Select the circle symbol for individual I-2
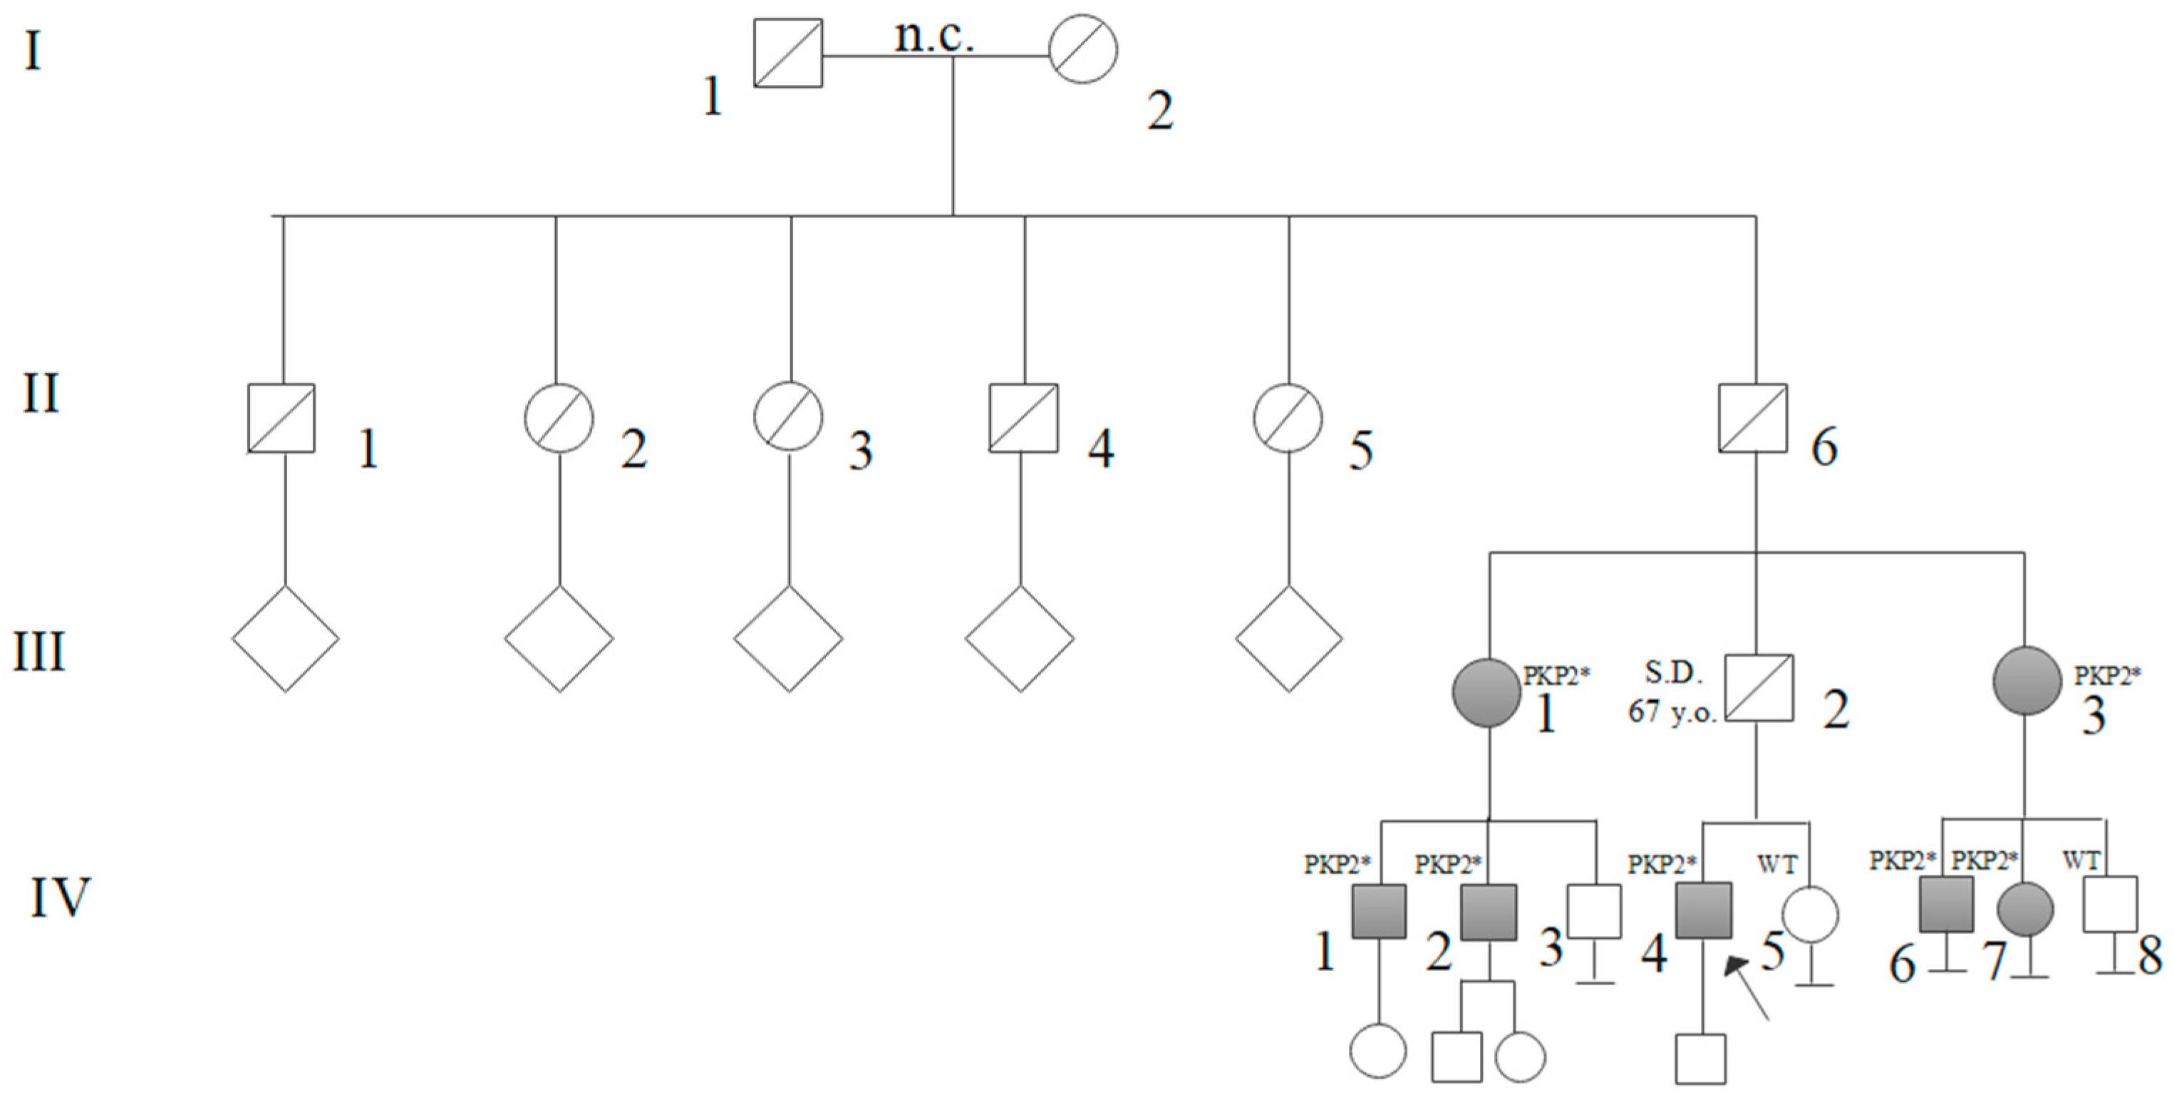click(x=1083, y=49)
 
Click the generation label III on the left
click(x=38, y=652)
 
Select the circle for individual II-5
click(x=1287, y=418)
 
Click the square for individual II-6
click(x=1753, y=418)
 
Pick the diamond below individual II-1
click(x=285, y=639)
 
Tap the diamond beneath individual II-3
click(x=788, y=639)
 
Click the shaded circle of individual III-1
click(x=1486, y=692)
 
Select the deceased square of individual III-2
click(x=1759, y=688)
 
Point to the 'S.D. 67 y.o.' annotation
click(x=1672, y=692)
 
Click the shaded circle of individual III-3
click(x=2027, y=680)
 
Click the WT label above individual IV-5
click(x=1776, y=865)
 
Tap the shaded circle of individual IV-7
click(x=2024, y=910)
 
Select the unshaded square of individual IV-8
click(x=2109, y=904)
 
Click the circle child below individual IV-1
click(x=1378, y=1051)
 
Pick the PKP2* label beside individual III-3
click(x=2107, y=676)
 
